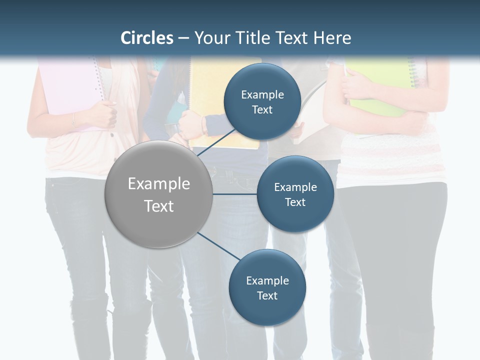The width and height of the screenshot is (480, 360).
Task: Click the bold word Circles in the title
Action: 146,38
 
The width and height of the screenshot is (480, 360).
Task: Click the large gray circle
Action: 159,194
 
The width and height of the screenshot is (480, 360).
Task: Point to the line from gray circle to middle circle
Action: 235,194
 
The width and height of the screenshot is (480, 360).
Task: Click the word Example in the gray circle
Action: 159,184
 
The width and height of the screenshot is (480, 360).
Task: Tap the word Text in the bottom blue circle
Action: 267,295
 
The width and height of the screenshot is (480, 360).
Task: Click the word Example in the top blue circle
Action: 262,94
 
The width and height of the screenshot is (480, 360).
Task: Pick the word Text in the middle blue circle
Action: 295,202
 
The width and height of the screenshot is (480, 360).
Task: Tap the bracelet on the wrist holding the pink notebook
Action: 73,120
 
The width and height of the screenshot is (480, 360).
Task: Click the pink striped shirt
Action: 390,160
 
